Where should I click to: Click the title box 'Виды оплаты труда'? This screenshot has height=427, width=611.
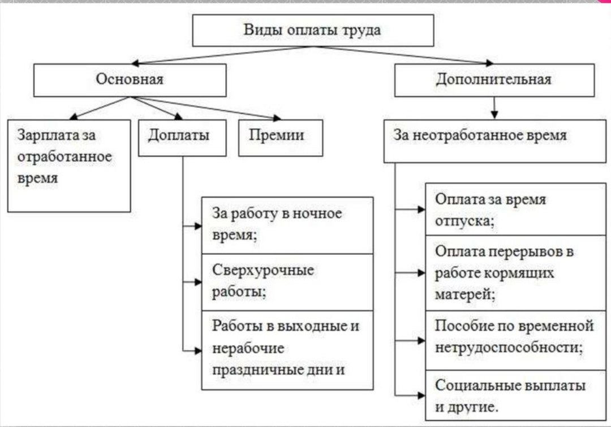[312, 31]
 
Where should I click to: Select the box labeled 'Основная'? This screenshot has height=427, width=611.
[130, 80]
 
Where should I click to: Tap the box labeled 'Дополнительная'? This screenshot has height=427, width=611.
[494, 80]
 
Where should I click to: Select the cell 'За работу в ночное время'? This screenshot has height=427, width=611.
[287, 225]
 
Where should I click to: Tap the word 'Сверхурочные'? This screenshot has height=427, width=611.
[263, 271]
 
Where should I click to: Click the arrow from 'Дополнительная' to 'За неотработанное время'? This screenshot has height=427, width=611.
[495, 108]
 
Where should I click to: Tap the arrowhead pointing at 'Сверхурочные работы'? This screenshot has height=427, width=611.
[198, 281]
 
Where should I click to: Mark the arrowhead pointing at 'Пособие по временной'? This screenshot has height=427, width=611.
[421, 341]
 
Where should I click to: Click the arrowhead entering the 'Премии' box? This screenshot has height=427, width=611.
[277, 118]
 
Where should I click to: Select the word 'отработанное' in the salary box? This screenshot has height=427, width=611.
[64, 157]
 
